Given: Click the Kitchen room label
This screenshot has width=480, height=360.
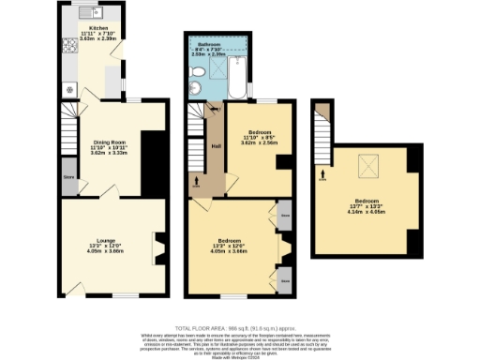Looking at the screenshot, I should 97,29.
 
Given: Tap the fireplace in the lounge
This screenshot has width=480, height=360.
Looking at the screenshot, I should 159,248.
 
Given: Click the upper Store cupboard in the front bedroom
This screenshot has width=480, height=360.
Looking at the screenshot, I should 284,214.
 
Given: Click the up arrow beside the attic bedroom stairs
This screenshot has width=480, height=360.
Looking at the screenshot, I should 322,173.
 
